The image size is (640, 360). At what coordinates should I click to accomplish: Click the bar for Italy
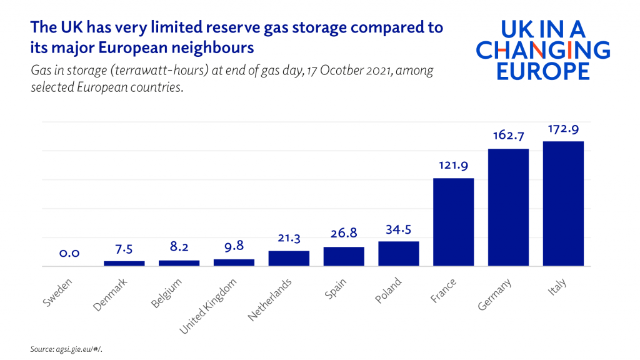(x=563, y=204)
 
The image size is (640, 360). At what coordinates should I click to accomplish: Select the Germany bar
(x=508, y=207)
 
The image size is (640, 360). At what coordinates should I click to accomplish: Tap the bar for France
(x=453, y=222)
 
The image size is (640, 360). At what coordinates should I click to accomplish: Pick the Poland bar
(x=399, y=254)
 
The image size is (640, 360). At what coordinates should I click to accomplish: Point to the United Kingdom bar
(x=234, y=262)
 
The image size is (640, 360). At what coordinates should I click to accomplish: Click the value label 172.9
(x=563, y=129)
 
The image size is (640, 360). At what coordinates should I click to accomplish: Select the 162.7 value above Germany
(x=508, y=136)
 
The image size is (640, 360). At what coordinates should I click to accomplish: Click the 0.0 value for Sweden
(x=69, y=254)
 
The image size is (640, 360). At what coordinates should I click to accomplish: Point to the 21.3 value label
(x=289, y=238)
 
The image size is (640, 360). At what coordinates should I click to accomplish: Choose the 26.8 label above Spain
(x=344, y=234)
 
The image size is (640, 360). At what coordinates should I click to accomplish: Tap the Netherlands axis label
(x=270, y=300)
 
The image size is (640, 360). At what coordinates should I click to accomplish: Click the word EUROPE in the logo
(x=542, y=71)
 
